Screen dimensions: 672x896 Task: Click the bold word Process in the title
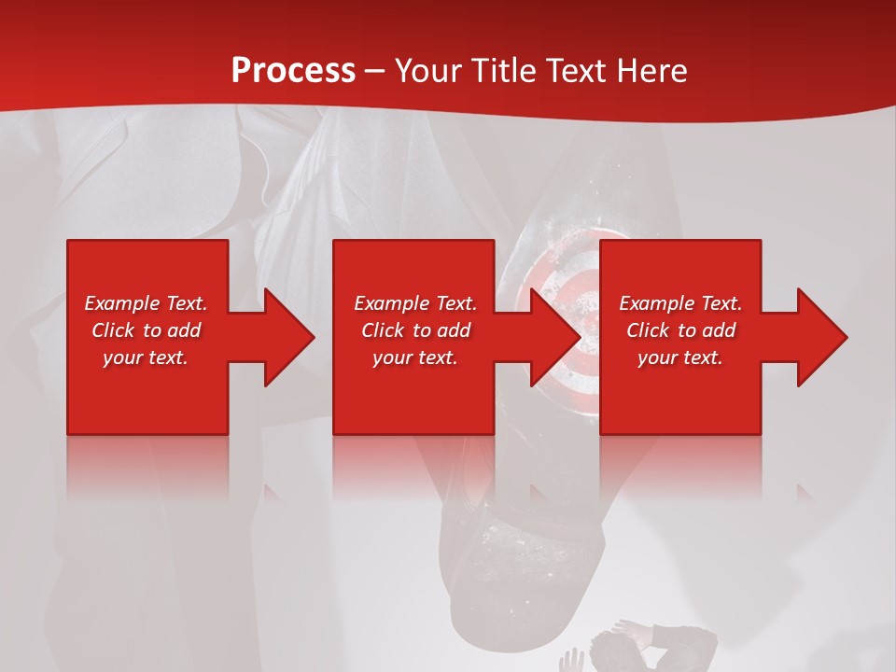(x=293, y=71)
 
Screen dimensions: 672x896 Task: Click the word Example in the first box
(x=120, y=303)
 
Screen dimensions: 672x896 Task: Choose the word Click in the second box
(x=384, y=330)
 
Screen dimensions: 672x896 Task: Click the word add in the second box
(x=454, y=330)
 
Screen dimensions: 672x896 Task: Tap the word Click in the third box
(x=649, y=330)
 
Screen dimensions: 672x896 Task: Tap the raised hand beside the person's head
(x=570, y=661)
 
